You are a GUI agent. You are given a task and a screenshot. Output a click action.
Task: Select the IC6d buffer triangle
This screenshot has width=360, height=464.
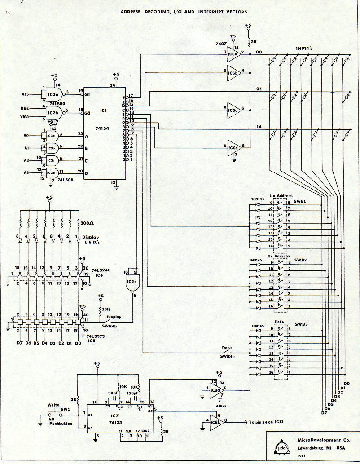(x=233, y=147)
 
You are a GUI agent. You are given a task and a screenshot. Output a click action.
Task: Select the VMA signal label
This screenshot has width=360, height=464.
(x=26, y=116)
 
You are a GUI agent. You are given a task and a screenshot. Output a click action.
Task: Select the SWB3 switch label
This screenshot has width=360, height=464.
(x=301, y=324)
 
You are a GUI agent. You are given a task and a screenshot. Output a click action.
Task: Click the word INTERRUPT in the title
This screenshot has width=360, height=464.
(x=212, y=12)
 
